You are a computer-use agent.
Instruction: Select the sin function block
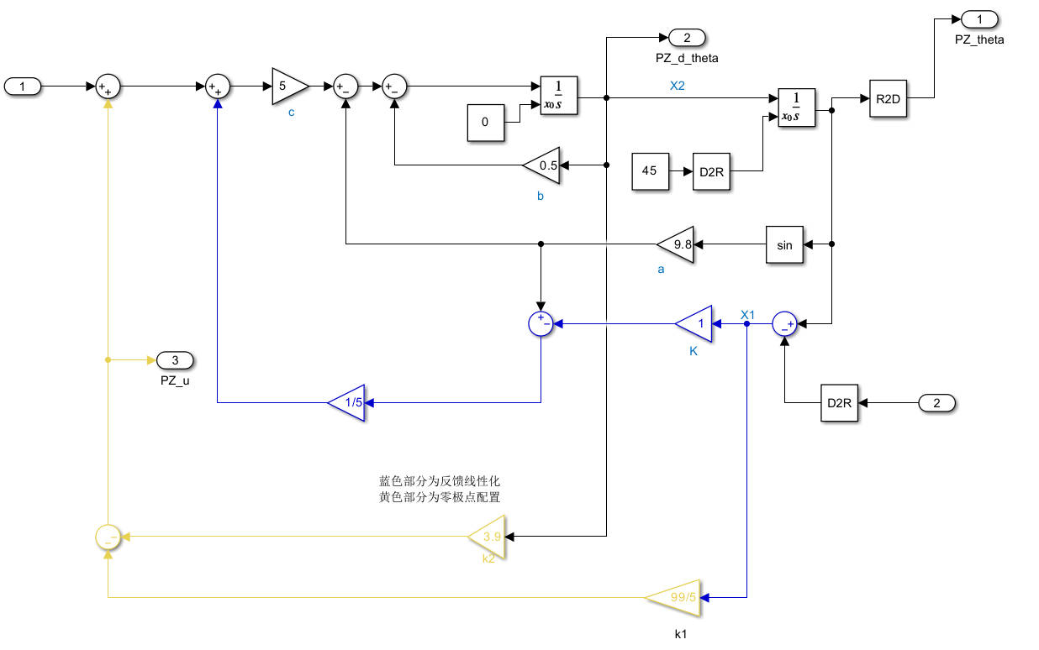click(x=784, y=244)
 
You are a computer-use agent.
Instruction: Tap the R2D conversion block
click(x=889, y=98)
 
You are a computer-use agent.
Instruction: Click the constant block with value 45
click(x=651, y=171)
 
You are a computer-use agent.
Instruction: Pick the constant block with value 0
click(x=486, y=123)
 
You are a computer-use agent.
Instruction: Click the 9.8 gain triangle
click(x=677, y=244)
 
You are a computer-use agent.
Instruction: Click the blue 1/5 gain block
click(x=347, y=402)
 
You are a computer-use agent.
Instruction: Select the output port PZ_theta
click(x=978, y=18)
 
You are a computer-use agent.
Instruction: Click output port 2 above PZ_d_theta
click(x=687, y=37)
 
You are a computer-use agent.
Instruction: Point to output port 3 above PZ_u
click(x=175, y=360)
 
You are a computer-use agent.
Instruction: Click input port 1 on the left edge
click(x=22, y=86)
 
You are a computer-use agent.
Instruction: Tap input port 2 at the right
click(x=936, y=403)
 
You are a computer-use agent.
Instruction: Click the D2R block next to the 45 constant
click(x=711, y=171)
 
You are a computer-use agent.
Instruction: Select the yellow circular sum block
click(x=108, y=536)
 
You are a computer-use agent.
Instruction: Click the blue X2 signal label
click(x=678, y=85)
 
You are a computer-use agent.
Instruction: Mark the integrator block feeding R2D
click(x=796, y=107)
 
